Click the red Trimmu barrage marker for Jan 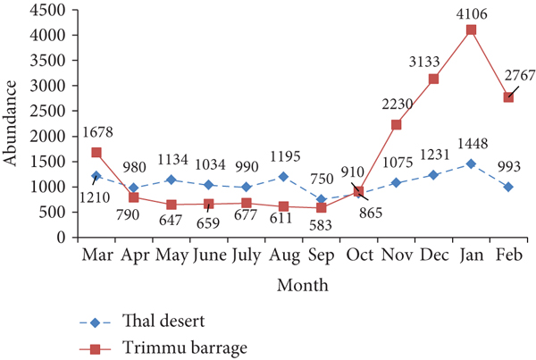[x=471, y=30]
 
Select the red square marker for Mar [x=96, y=153]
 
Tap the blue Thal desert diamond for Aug [x=283, y=177]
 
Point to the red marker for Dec [x=433, y=80]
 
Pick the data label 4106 [x=471, y=13]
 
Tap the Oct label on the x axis [x=358, y=255]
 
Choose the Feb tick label [x=508, y=255]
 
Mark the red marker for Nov [x=396, y=125]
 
